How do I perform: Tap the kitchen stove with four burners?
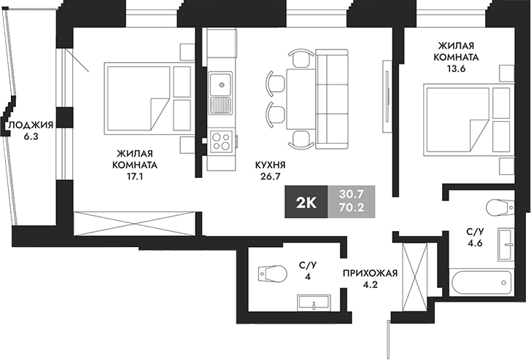coord(220,140)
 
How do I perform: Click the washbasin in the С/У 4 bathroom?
coord(315,300)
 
